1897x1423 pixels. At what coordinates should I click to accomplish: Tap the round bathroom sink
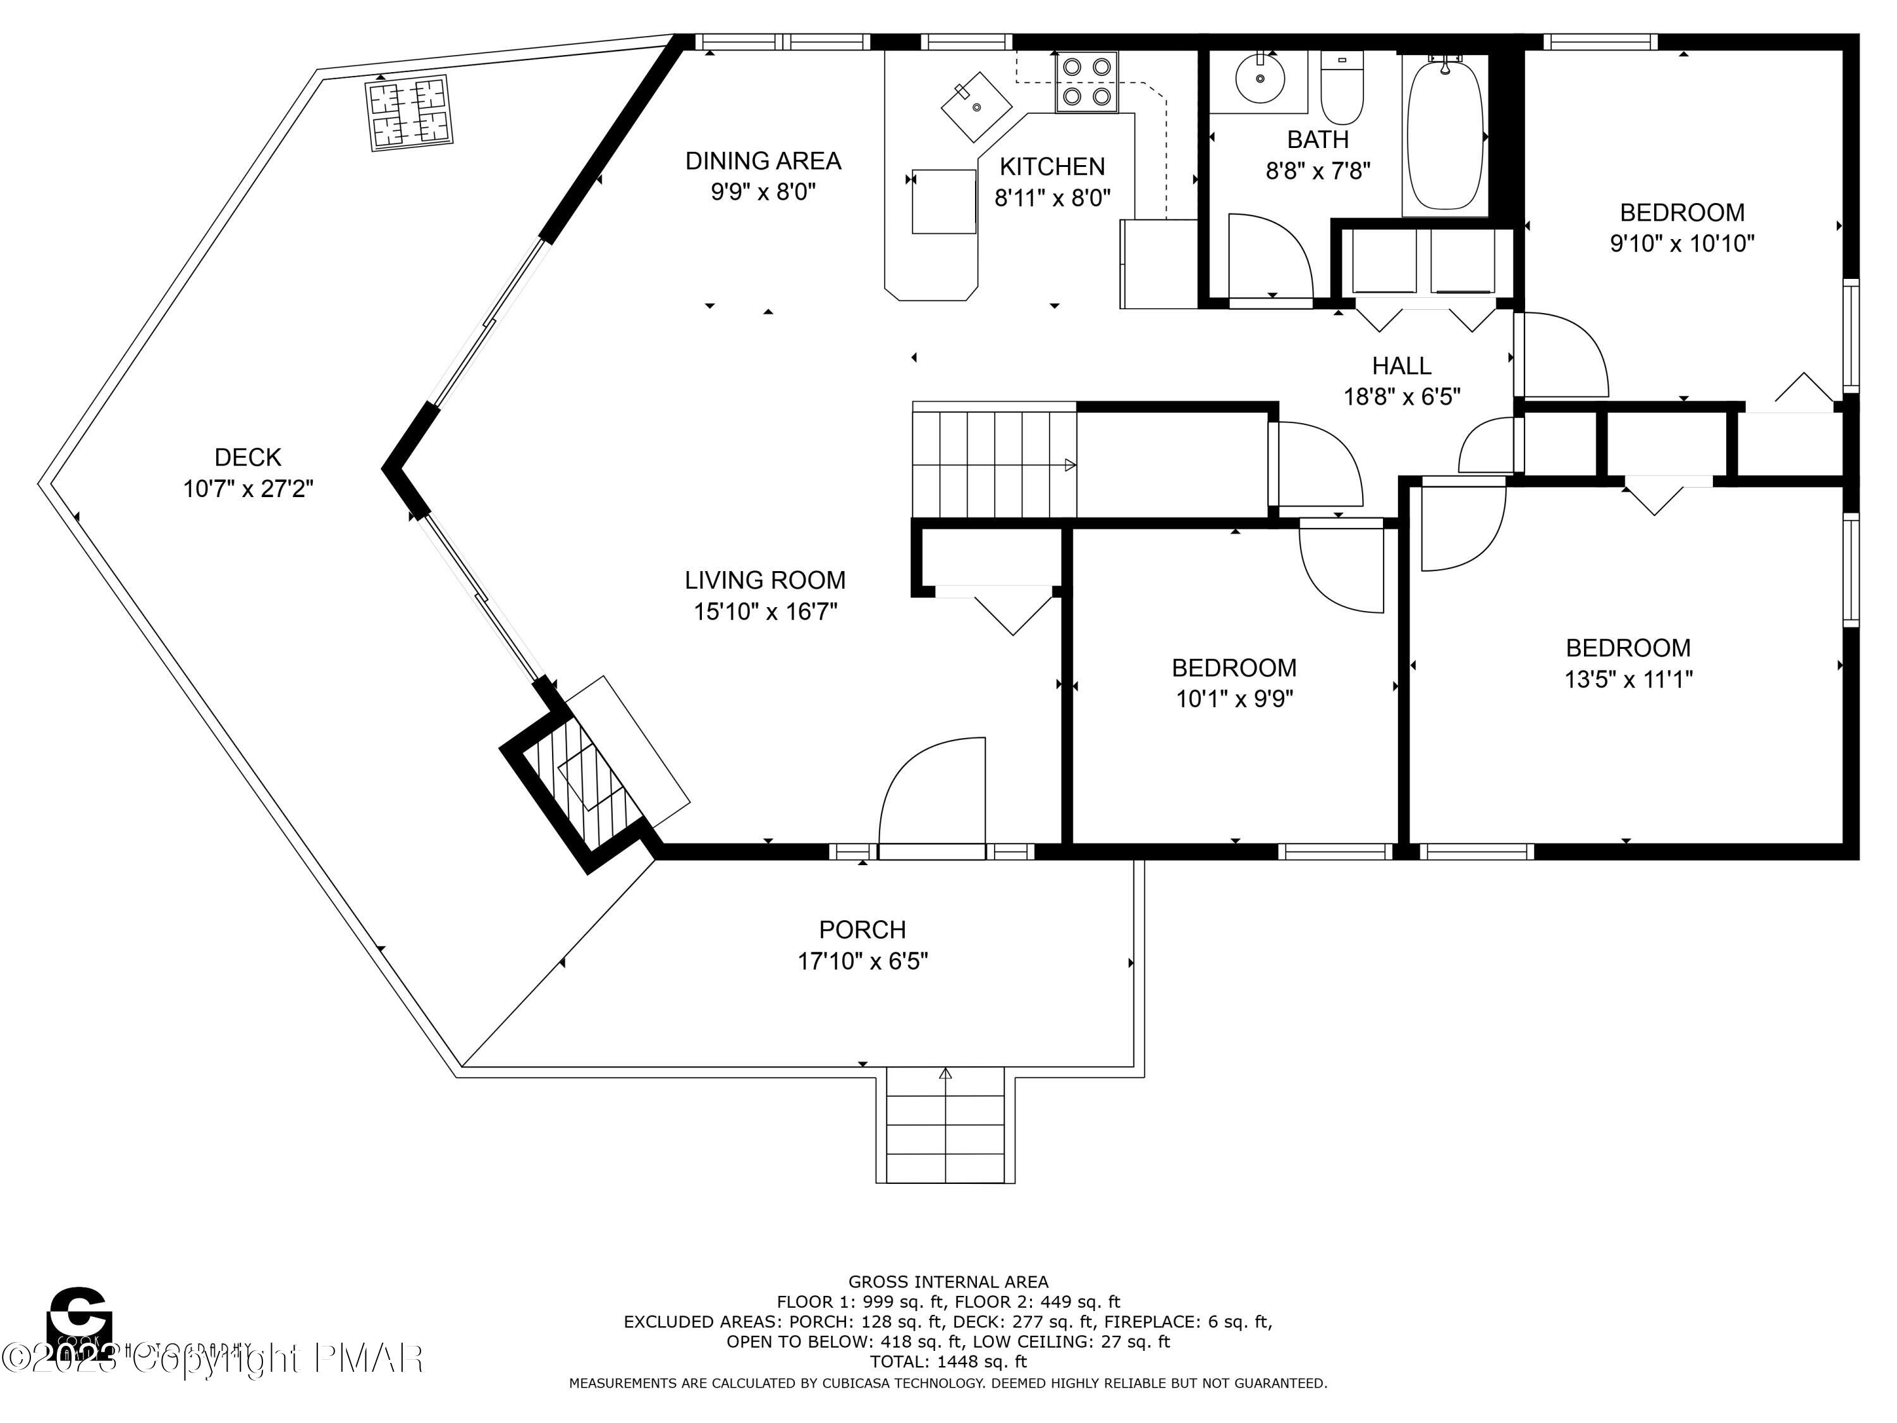pos(1260,78)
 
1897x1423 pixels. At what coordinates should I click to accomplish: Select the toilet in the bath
pos(1341,89)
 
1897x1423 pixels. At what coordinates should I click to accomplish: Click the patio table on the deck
pos(409,113)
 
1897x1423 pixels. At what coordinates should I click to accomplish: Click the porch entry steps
pos(945,1126)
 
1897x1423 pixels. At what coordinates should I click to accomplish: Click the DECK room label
pos(248,457)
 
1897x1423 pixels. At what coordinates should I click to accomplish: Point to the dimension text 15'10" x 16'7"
pos(765,612)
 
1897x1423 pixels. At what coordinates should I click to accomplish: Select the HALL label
pos(1401,366)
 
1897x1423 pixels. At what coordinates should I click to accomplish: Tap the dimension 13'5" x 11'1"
pos(1628,680)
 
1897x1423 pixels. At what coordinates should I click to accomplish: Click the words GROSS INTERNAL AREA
pos(948,1281)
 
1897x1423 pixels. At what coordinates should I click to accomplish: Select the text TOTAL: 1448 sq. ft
pos(948,1361)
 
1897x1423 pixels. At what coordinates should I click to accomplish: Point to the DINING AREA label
pos(763,161)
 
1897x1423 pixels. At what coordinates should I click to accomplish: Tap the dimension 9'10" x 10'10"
pos(1682,243)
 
